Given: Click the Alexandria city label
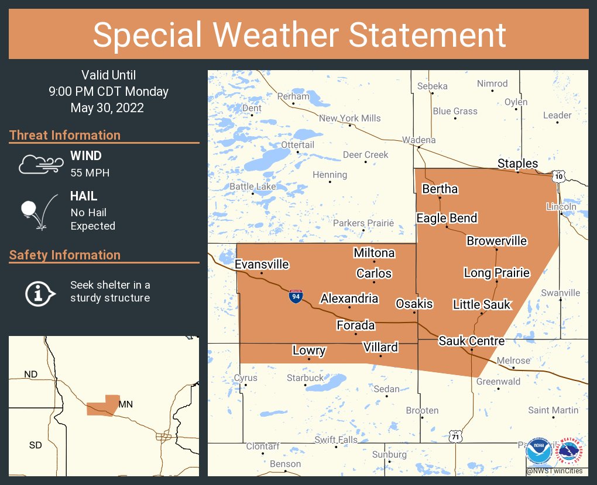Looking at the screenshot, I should [x=349, y=299].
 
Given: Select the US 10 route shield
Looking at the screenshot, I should [x=559, y=176].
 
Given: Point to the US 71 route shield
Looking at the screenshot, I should [x=455, y=436].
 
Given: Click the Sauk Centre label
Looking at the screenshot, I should [x=471, y=341].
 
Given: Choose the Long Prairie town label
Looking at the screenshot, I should [x=496, y=273].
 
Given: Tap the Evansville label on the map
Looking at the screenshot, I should [x=262, y=265].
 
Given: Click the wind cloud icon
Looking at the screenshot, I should [x=39, y=164].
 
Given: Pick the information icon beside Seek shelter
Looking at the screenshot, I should [x=39, y=292].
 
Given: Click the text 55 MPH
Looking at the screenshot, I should [x=90, y=173].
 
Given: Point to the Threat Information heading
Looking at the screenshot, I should [x=65, y=135].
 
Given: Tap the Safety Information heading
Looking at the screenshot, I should [x=65, y=255].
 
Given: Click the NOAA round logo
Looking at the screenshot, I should [x=538, y=452].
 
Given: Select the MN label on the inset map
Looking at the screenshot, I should [x=126, y=404].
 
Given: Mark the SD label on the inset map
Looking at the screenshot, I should [x=35, y=445].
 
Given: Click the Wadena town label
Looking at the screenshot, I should [x=418, y=140].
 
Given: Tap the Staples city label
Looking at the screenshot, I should [x=517, y=164].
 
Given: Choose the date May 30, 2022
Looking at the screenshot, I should [x=107, y=108].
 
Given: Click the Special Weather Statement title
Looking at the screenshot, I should [x=298, y=34].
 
